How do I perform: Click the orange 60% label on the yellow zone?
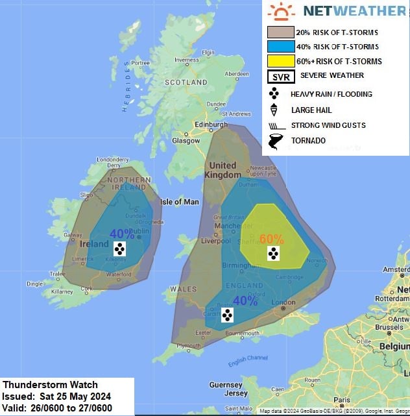click(x=271, y=239)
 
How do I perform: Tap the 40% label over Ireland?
click(x=121, y=234)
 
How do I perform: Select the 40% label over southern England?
click(x=245, y=301)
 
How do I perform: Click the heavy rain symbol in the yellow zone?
click(x=274, y=254)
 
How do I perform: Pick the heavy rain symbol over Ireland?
click(x=119, y=249)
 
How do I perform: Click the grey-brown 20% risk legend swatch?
click(x=280, y=32)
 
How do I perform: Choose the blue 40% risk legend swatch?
click(x=280, y=47)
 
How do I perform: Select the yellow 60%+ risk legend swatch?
click(x=280, y=62)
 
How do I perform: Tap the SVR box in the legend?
click(x=280, y=77)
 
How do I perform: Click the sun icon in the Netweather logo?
click(x=280, y=11)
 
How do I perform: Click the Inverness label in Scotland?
click(x=186, y=60)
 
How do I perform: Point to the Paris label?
click(x=343, y=401)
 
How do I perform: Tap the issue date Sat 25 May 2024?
click(x=75, y=397)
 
